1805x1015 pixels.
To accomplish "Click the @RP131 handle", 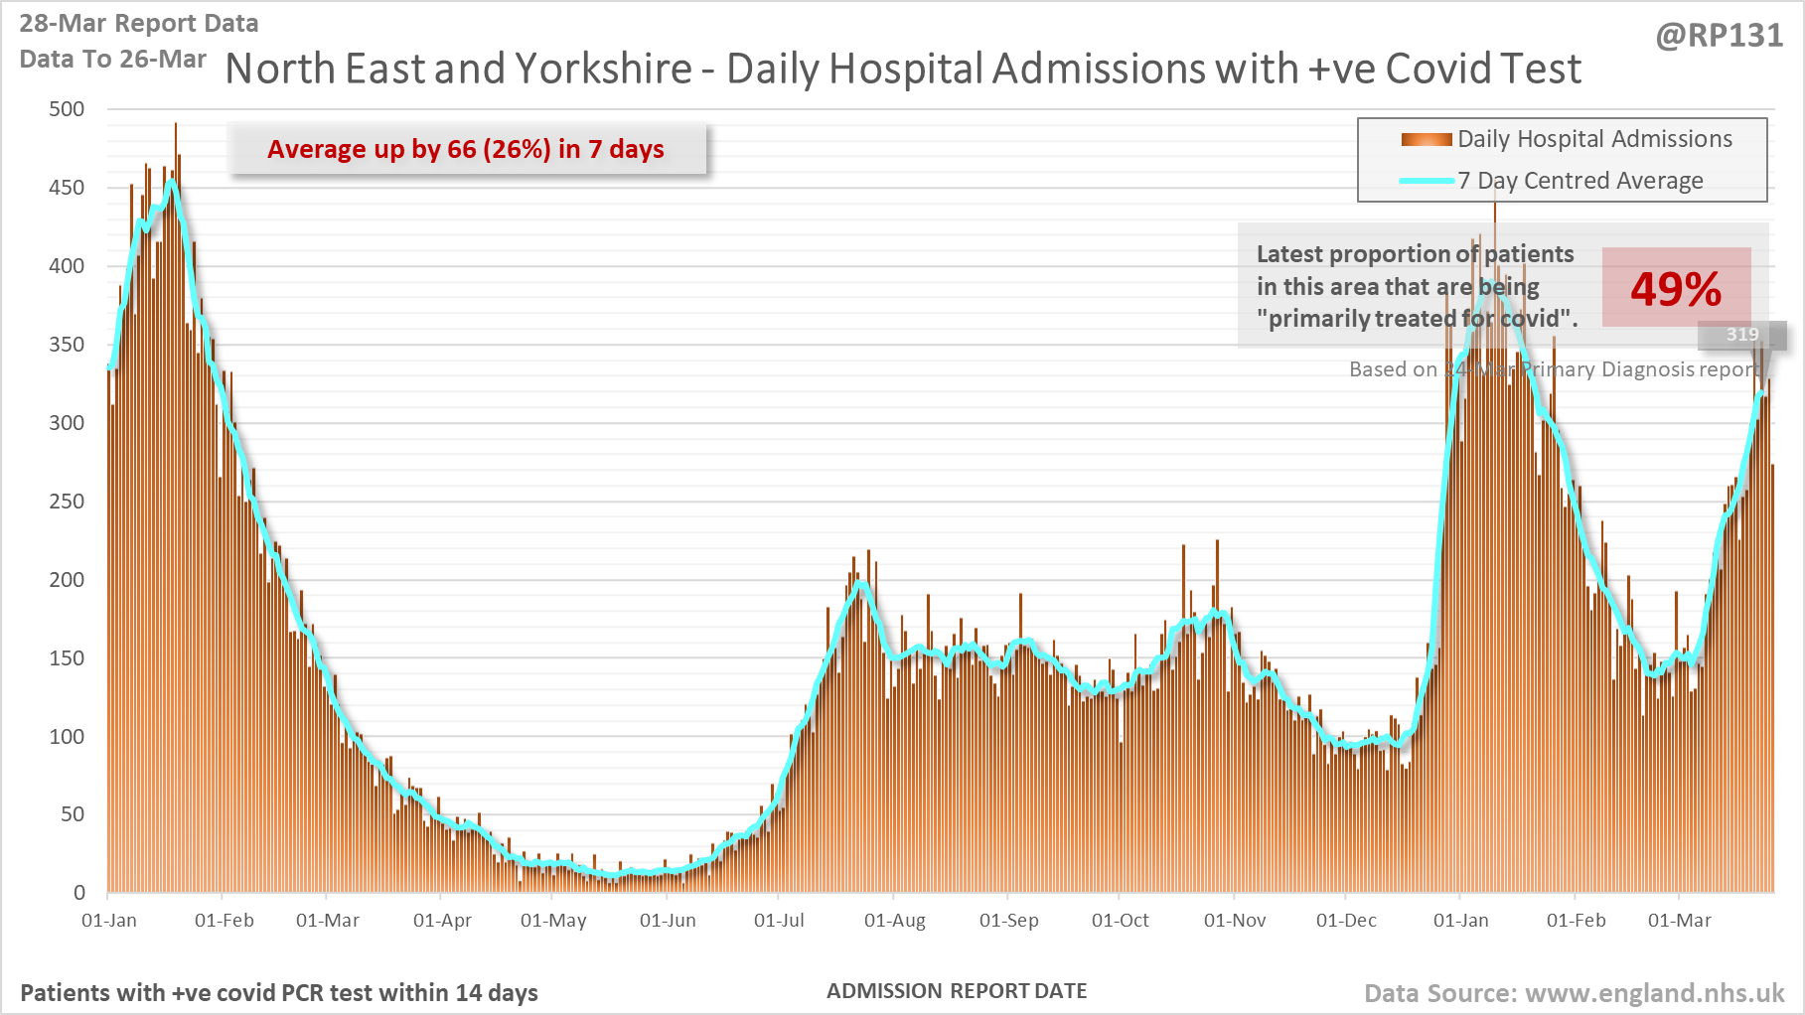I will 1719,36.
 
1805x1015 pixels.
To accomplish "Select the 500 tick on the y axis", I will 67,109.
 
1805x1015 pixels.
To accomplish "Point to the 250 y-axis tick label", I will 67,502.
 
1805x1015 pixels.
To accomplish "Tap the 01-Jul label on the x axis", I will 779,921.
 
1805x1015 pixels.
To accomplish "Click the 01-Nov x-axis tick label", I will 1235,921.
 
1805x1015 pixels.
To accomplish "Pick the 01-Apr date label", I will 442,921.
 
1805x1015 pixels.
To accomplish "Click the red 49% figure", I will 1675,289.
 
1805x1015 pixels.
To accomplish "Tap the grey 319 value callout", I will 1742,335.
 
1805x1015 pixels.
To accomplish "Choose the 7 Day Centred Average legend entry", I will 1579,181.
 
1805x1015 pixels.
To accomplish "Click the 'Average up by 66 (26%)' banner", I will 466,149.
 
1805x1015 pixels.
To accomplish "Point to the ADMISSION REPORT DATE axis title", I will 957,991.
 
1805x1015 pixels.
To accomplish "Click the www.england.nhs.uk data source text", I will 1654,993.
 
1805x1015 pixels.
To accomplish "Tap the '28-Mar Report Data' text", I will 139,23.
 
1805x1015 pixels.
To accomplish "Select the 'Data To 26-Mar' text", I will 112,59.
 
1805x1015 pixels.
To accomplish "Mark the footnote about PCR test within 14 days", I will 279,993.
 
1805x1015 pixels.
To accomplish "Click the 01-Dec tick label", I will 1346,921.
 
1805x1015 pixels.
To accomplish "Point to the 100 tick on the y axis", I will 67,737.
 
